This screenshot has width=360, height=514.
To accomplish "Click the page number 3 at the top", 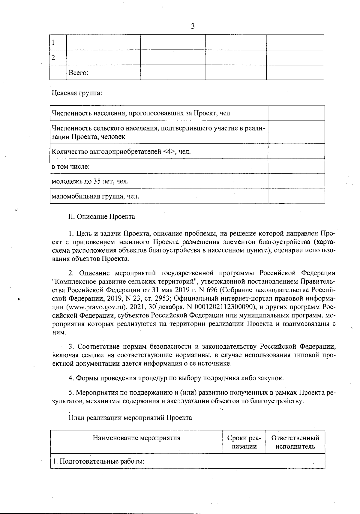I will pyautogui.click(x=193, y=26).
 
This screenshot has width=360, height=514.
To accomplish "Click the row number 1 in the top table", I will pyautogui.click(x=53, y=42).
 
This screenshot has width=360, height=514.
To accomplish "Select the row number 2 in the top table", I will pyautogui.click(x=53, y=58).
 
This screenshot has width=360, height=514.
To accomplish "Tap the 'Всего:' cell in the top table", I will pyautogui.click(x=78, y=73).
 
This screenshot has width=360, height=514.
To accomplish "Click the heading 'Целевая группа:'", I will pyautogui.click(x=77, y=93).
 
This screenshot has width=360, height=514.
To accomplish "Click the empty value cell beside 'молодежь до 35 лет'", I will pyautogui.click(x=296, y=181).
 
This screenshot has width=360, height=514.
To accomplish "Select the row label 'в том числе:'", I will pyautogui.click(x=71, y=167).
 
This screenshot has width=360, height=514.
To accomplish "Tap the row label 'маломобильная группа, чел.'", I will pyautogui.click(x=95, y=197).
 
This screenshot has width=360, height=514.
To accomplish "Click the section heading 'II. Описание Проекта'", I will pyautogui.click(x=102, y=217).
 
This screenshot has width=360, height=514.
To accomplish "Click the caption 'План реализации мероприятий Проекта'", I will pyautogui.click(x=130, y=418).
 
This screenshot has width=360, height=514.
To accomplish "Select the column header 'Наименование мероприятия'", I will pyautogui.click(x=136, y=438).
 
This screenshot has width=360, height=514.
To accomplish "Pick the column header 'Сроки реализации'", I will pyautogui.click(x=244, y=442).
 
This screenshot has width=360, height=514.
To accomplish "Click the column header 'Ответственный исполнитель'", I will pyautogui.click(x=295, y=442).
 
